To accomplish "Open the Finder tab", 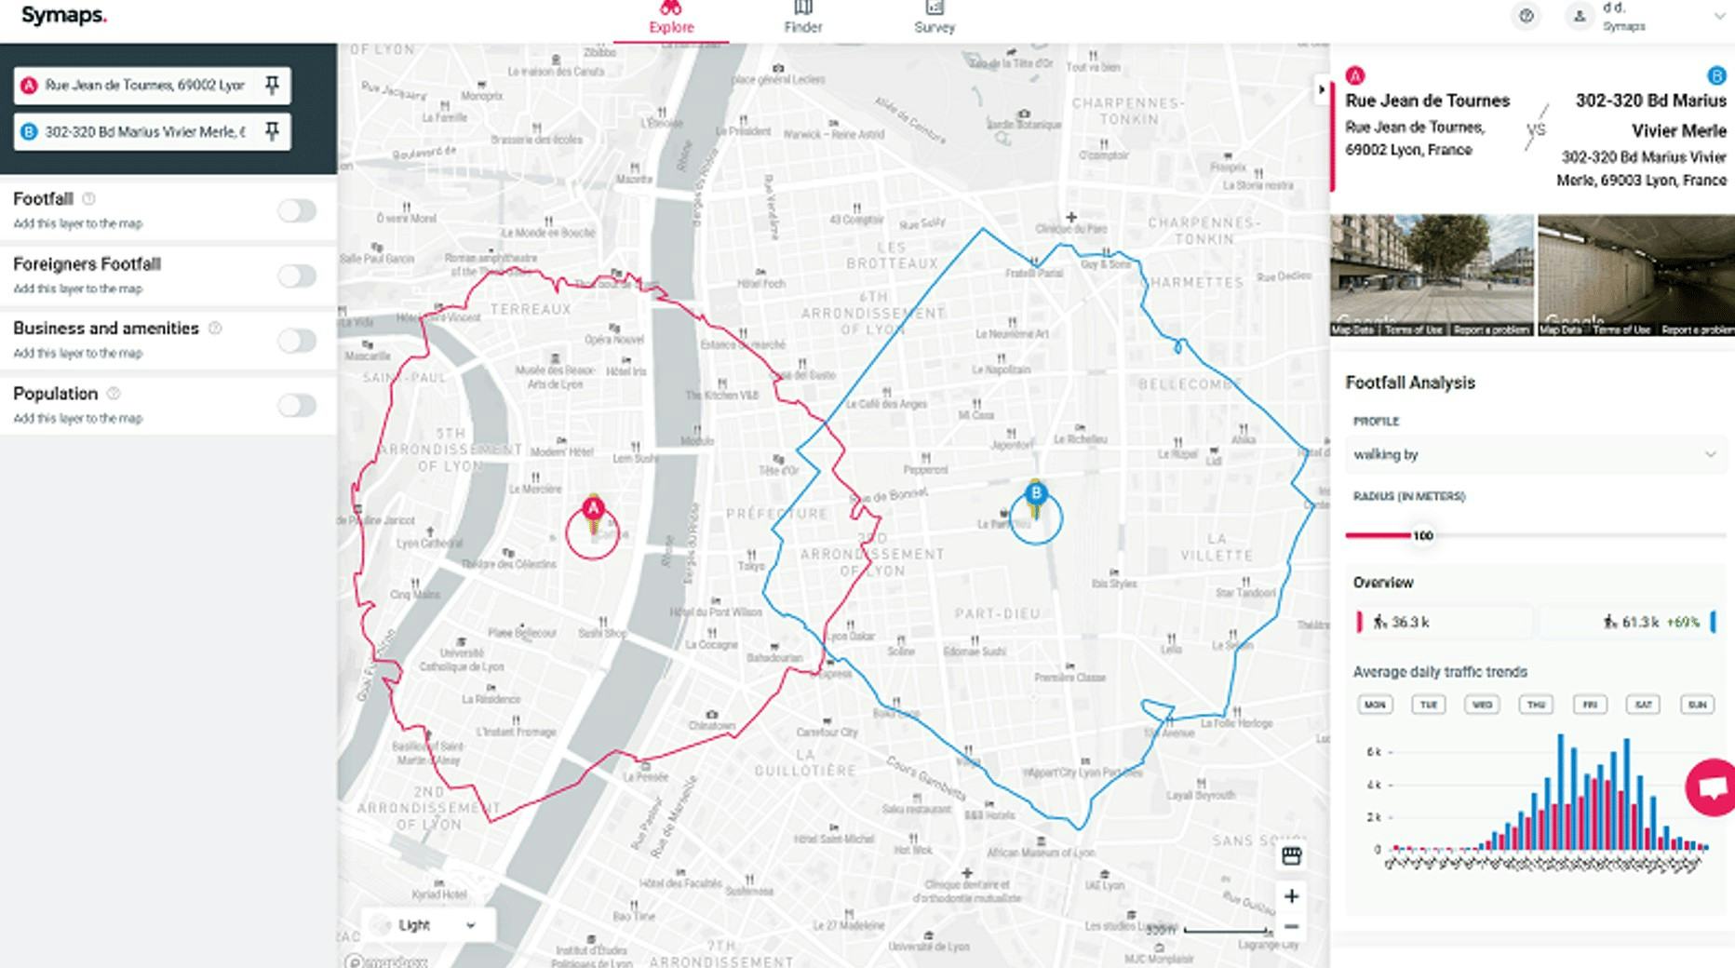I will pos(802,18).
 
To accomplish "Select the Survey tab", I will pos(935,18).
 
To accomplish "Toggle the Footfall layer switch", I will pos(297,211).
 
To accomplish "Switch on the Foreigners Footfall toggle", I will pos(297,276).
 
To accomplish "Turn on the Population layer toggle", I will pos(297,406).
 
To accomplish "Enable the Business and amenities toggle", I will pos(297,341).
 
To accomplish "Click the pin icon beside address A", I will pos(272,86).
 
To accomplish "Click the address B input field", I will pos(145,132).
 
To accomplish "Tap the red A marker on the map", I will pos(593,509).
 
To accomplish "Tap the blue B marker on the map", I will pos(1036,493).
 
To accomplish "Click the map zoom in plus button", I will pos(1291,896).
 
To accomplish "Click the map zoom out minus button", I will pos(1291,927).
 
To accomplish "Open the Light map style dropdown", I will pos(427,925).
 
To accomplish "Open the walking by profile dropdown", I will pos(1534,454).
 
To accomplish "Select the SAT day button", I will pos(1643,705).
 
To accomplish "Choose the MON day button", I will pos(1375,705).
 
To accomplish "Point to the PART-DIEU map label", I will pos(997,614).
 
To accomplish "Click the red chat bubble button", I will pos(1712,788).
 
